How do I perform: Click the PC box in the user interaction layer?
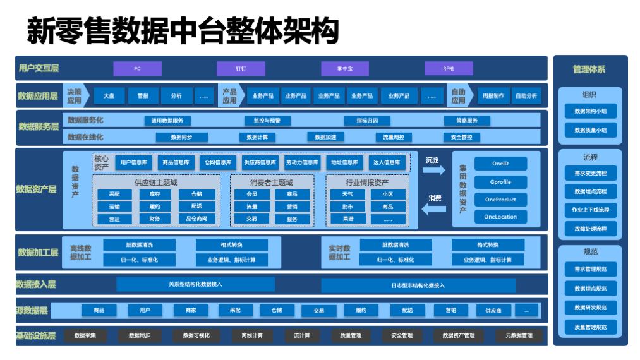pos(137,69)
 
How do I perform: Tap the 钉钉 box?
pos(241,69)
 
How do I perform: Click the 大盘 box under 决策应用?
pos(109,96)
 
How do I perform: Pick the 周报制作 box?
pos(493,96)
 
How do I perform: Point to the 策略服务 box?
pos(467,121)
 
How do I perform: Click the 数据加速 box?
pos(326,137)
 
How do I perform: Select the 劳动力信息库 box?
pos(302,162)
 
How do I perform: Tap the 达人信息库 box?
pos(385,162)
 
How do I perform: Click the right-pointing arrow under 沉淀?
pos(434,171)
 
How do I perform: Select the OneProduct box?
pos(500,200)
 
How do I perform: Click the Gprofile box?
pos(500,182)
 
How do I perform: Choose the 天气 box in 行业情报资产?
pos(347,195)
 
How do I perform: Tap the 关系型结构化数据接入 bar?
pos(195,285)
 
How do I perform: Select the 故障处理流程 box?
pos(590,229)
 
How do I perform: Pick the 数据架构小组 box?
pos(590,111)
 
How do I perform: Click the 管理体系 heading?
pos(590,69)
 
